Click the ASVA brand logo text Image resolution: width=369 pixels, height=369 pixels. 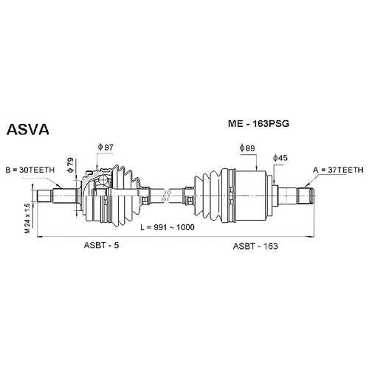[28, 130]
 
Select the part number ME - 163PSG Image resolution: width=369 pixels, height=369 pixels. [258, 123]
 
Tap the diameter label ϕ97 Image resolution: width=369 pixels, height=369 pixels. [106, 148]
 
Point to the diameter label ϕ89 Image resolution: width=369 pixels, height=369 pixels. [247, 148]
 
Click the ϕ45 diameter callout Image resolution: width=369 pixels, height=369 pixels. [280, 158]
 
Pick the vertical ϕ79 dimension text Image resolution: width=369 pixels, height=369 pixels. [70, 165]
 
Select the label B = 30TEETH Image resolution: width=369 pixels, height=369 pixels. [30, 170]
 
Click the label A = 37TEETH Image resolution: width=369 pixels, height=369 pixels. [338, 170]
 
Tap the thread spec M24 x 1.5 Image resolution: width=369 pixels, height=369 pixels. [27, 218]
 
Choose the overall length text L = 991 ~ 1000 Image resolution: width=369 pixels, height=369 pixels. [168, 227]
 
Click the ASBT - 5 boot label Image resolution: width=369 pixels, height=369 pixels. [101, 245]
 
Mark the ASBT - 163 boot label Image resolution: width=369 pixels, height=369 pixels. [255, 246]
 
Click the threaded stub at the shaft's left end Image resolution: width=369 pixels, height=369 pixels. [44, 196]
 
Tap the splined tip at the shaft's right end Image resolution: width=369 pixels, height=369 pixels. [306, 196]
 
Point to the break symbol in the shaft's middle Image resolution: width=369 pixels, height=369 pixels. [166, 196]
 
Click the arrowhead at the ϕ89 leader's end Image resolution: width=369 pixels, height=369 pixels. [257, 168]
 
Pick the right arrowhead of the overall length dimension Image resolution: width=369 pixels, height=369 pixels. [311, 237]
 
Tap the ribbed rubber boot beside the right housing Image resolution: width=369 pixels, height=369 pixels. [208, 196]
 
